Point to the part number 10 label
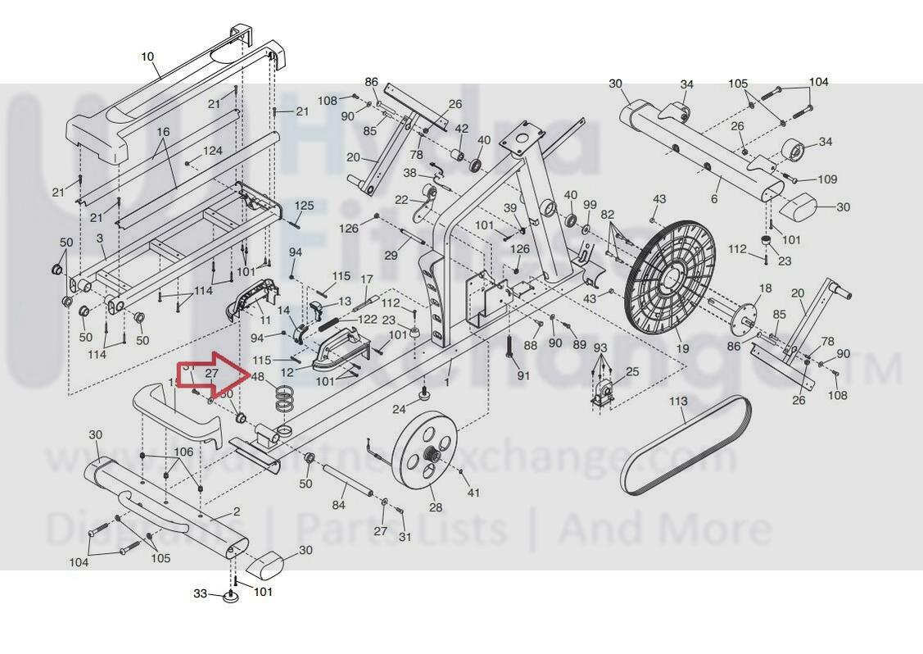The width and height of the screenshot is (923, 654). (147, 57)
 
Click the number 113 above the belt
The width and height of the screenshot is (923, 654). (678, 402)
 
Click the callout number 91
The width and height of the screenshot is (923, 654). (523, 376)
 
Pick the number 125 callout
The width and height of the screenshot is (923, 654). (304, 206)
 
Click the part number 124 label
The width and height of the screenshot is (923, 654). (213, 151)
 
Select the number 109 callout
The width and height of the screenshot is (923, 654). (827, 179)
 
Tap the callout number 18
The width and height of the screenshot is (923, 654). (766, 288)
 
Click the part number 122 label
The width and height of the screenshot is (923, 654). (367, 320)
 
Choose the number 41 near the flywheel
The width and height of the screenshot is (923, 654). (473, 493)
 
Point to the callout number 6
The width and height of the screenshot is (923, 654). (714, 199)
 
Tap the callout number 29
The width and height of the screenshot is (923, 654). (391, 256)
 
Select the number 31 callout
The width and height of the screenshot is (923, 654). (405, 537)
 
